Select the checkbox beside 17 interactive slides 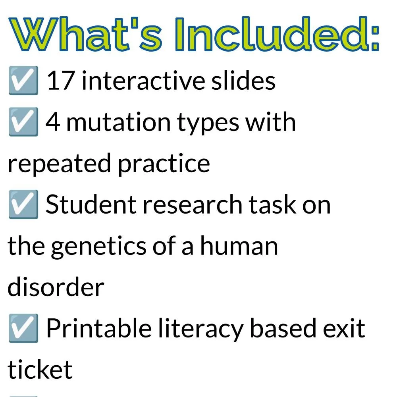[x=23, y=81]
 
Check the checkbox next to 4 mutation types [x=23, y=122]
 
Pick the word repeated [x=58, y=164]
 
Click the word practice [x=163, y=164]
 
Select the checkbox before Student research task [x=23, y=205]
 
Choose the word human [x=238, y=246]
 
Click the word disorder [x=56, y=287]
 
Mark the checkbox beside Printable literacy [x=23, y=329]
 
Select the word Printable [x=98, y=328]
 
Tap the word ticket [x=40, y=370]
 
